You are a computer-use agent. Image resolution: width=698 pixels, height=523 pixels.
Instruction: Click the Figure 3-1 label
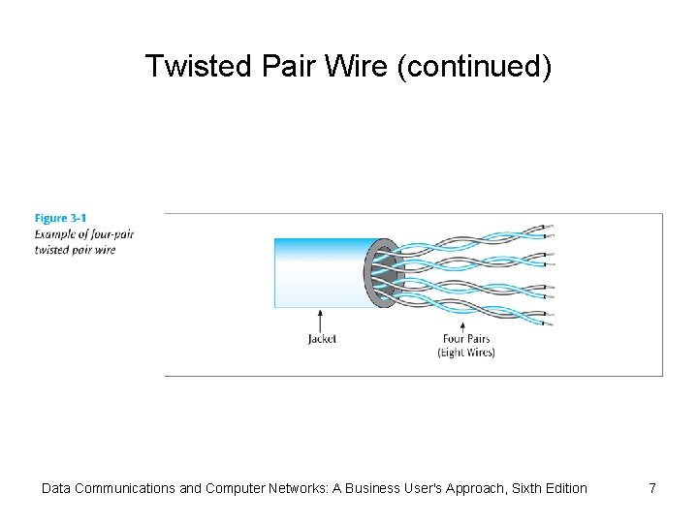tap(60, 219)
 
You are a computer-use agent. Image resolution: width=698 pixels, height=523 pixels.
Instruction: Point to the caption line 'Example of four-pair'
tap(83, 234)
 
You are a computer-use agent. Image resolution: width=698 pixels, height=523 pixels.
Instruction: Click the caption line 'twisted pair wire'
tap(75, 249)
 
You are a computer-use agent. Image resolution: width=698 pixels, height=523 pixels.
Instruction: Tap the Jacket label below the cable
tap(321, 339)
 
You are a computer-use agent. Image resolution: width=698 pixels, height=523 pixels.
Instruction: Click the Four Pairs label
tap(465, 339)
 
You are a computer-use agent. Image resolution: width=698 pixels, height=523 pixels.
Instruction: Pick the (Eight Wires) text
tap(465, 353)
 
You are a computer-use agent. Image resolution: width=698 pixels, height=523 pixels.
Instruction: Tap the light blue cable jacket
tap(320, 272)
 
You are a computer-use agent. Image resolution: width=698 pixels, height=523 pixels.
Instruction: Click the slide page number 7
tap(652, 488)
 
